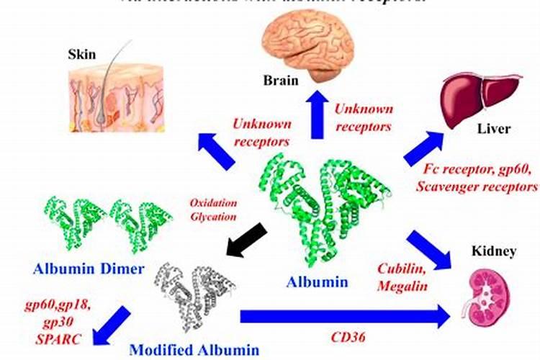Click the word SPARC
pyautogui.click(x=58, y=337)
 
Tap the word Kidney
pyautogui.click(x=493, y=251)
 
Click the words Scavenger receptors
pyautogui.click(x=481, y=186)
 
